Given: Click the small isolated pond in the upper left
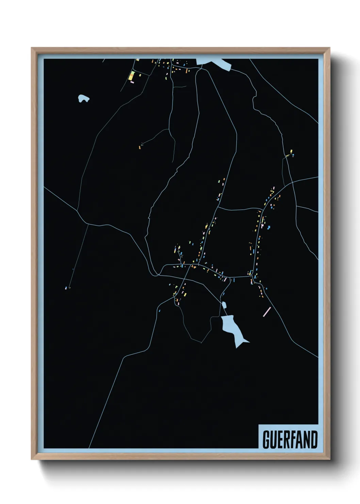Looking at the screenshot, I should click(83, 99).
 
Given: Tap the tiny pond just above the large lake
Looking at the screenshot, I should click(224, 304).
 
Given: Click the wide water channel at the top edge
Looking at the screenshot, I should click(214, 63).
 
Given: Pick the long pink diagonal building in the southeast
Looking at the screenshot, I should click(267, 312).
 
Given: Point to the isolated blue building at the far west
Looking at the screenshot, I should click(66, 288).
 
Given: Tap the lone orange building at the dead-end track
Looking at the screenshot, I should click(140, 147).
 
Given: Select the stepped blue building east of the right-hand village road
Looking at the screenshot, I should click(268, 227).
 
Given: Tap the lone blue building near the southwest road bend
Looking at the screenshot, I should click(159, 311).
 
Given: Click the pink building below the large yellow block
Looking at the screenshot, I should click(132, 82).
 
